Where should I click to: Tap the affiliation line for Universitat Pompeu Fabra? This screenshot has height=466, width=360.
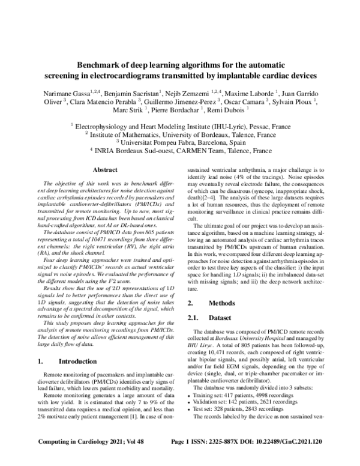[180, 143]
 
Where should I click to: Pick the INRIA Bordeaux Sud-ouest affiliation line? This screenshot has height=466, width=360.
[180, 151]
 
